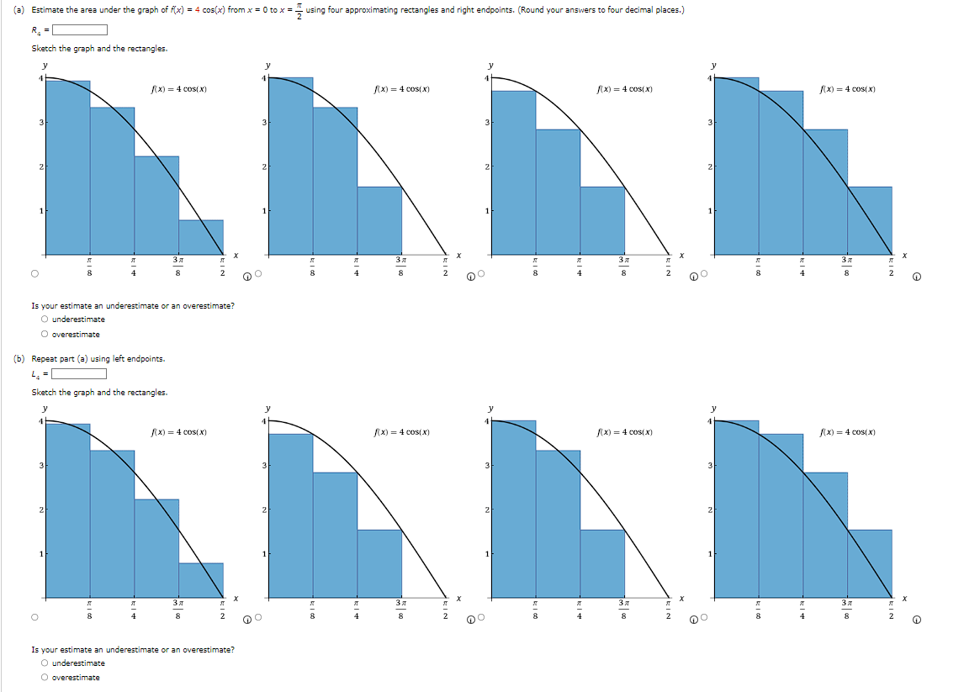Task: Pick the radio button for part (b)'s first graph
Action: (34, 617)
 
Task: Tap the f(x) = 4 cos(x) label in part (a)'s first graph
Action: (178, 89)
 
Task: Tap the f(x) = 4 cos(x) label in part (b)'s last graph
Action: (848, 432)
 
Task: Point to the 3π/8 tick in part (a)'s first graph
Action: (178, 267)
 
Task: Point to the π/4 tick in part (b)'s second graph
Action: (357, 610)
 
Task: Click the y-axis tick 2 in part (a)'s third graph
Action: (486, 166)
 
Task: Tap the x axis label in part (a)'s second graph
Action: (459, 255)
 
